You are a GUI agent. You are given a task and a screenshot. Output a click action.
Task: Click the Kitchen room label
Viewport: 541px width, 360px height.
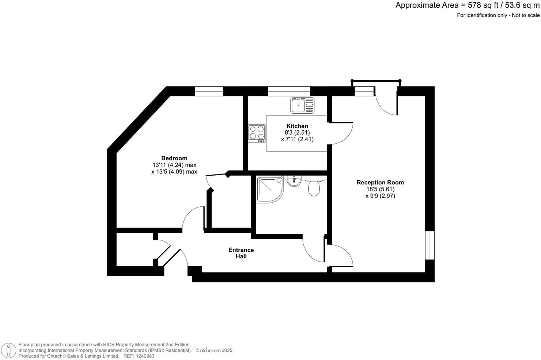pos(297,126)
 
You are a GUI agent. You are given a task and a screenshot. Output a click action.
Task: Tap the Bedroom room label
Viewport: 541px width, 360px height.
pos(174,158)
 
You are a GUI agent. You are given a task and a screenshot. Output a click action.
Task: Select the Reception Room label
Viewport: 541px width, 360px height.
pos(380,182)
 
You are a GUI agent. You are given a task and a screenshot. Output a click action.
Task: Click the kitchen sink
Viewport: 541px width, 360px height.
pos(302,105)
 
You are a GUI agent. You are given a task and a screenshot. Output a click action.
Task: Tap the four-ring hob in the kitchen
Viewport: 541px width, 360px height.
pos(257,133)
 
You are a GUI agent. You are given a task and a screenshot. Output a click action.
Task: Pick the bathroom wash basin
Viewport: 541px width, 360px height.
pos(294,181)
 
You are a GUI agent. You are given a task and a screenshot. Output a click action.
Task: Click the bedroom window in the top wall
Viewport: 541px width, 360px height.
pos(209,91)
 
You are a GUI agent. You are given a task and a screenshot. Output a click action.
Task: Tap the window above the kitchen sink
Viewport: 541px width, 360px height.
pos(289,91)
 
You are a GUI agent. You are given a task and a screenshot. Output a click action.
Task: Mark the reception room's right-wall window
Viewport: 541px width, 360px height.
pos(430,245)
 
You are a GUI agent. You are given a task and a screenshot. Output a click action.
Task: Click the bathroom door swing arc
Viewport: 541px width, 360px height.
pos(313,251)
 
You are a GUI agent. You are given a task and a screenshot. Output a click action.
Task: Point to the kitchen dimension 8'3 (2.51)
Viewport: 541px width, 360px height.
pos(297,132)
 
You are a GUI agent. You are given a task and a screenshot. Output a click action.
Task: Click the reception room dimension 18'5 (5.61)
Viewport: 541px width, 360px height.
pos(380,189)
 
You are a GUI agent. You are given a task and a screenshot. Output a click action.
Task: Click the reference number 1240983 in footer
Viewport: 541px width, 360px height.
pos(144,356)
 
